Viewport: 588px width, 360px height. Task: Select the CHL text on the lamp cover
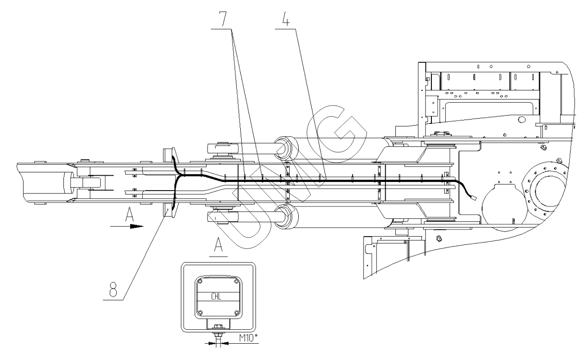pos(217,296)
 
